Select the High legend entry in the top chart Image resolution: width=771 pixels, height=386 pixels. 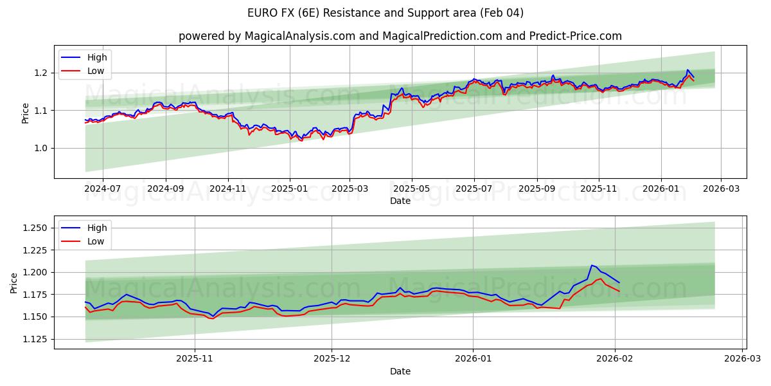pos(97,57)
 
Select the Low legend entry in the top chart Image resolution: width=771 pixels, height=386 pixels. pos(96,71)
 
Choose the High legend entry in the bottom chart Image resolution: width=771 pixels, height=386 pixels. pos(97,228)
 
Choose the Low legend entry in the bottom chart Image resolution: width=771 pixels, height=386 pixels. pos(96,241)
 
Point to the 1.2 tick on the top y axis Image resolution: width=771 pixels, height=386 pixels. pos(41,73)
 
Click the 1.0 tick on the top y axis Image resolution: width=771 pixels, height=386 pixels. pos(41,148)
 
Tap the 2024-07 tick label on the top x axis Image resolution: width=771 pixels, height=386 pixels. pos(103,189)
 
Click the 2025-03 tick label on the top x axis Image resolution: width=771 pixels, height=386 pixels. pos(350,189)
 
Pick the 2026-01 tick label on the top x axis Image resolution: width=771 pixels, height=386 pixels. pos(661,189)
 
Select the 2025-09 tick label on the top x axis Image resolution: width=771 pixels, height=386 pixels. pos(536,189)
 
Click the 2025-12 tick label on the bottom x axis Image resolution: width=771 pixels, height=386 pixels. pos(332,360)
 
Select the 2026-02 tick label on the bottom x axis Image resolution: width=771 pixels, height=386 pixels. pos(616,360)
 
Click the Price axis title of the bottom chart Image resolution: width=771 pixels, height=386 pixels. pos(14,282)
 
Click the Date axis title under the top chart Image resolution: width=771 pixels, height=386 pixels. pos(400,201)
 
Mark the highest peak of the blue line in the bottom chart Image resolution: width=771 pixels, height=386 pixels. pos(592,265)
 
